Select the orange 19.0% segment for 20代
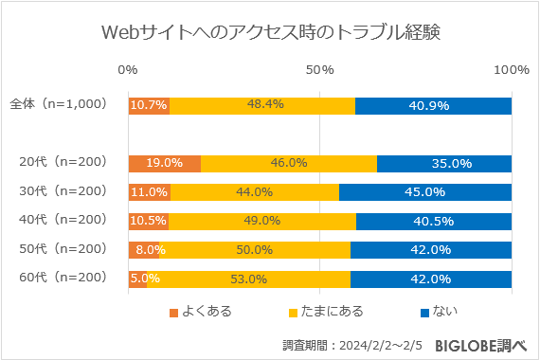click(x=164, y=163)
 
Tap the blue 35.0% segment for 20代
click(x=444, y=163)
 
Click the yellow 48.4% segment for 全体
click(x=262, y=105)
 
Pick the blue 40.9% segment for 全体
click(x=433, y=105)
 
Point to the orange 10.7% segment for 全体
click(x=149, y=105)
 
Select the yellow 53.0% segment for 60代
click(x=248, y=279)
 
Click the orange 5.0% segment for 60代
click(x=137, y=279)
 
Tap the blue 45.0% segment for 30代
click(x=425, y=192)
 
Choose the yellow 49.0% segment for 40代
click(x=262, y=221)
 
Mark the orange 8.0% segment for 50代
click(x=143, y=250)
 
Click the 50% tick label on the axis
click(x=320, y=70)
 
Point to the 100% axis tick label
click(x=512, y=70)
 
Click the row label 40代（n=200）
click(x=63, y=221)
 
